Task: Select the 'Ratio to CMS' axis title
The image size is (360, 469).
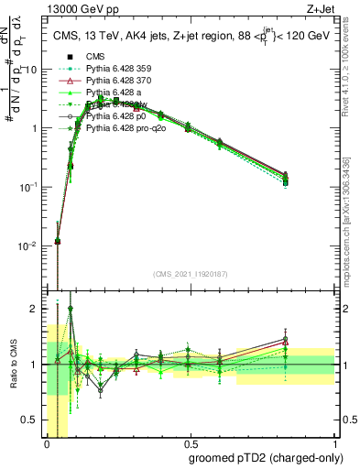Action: pos(12,364)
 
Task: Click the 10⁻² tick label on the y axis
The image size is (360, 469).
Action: pos(29,245)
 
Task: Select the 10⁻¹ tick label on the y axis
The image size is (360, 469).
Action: pos(29,187)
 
